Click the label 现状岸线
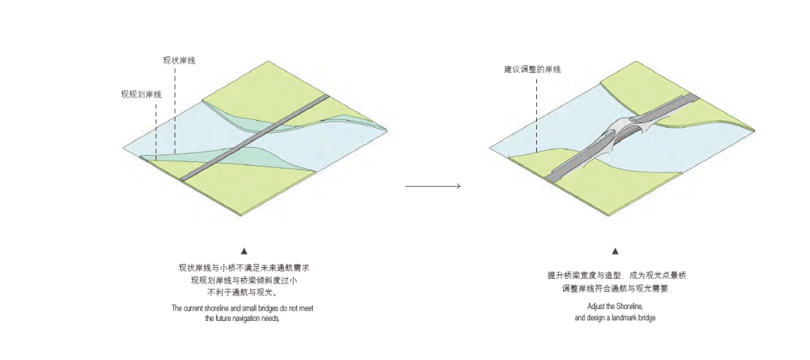179,60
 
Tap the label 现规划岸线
141,94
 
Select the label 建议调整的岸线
532,69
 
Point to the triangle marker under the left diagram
244,251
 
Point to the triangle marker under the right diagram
615,251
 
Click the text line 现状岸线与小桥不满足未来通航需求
244,268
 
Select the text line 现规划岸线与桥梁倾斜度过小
244,280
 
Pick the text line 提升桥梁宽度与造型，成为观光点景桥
616,275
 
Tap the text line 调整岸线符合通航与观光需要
615,288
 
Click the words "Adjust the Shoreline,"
615,307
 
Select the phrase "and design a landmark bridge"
615,318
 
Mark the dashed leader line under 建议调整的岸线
536,112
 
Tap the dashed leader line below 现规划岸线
155,127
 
